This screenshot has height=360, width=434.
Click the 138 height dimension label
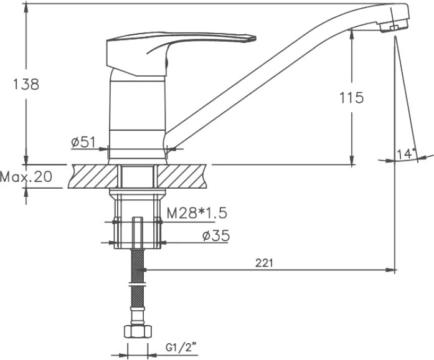point(26,85)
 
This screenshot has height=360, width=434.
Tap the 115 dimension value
point(352,98)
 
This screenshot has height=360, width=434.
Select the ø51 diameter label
point(83,143)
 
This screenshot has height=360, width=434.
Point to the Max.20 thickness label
point(26,176)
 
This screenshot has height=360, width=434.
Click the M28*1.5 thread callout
point(197,213)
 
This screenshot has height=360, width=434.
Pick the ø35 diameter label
point(216,236)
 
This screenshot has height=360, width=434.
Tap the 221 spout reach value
point(264,263)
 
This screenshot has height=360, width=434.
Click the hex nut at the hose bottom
point(138,331)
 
